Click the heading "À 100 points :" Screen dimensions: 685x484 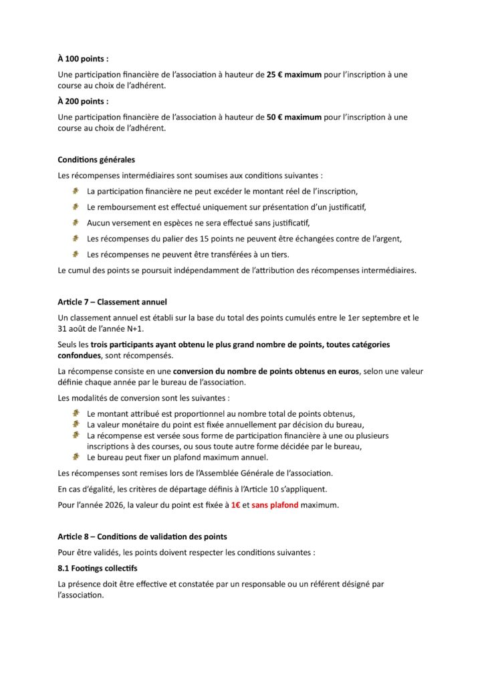pos(83,59)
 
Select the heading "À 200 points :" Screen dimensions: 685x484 pos(83,101)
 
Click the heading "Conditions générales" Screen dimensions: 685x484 pos(96,160)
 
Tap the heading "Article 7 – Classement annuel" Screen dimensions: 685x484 pos(112,302)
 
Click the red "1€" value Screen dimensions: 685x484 pos(235,505)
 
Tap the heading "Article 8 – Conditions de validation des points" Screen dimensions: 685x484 pos(142,536)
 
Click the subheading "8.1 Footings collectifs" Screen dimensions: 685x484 pos(98,568)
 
